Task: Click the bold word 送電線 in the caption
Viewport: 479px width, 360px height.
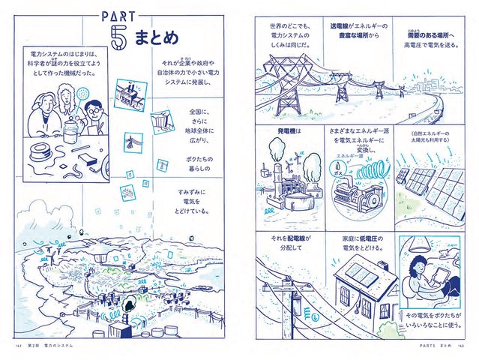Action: coord(343,26)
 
